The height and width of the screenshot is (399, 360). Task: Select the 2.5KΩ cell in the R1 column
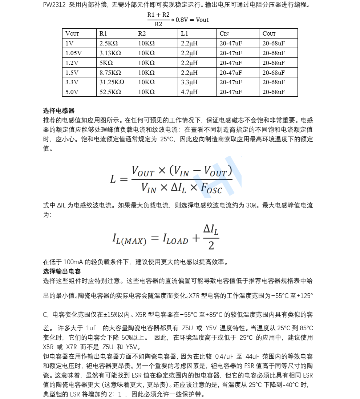pos(108,43)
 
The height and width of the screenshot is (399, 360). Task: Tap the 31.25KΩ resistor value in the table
pos(112,82)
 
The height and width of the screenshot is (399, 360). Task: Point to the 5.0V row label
pos(72,92)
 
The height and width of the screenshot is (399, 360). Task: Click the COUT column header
pos(269,34)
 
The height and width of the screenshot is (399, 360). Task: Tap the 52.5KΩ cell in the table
pos(110,92)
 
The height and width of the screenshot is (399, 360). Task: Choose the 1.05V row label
pos(73,53)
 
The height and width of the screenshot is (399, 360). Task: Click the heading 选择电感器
pos(59,111)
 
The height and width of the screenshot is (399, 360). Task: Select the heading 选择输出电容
pos(62,271)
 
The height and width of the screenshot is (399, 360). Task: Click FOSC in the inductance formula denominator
pos(211,188)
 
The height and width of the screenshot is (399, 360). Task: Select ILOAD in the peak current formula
pos(175,239)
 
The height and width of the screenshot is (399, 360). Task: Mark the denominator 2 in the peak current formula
pos(211,246)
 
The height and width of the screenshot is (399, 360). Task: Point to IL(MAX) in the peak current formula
pos(129,239)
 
